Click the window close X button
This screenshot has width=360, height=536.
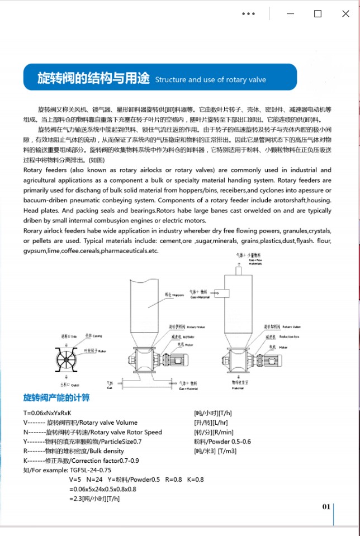pyautogui.click(x=345, y=14)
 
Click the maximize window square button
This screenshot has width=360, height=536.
pyautogui.click(x=318, y=14)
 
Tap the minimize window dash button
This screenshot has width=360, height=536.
pyautogui.click(x=290, y=14)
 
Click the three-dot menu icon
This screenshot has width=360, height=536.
pyautogui.click(x=248, y=14)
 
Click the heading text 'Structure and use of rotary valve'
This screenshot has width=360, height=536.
pyautogui.click(x=210, y=80)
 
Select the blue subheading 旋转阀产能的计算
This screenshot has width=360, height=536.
pyautogui.click(x=56, y=398)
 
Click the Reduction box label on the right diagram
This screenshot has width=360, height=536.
pyautogui.click(x=292, y=336)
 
